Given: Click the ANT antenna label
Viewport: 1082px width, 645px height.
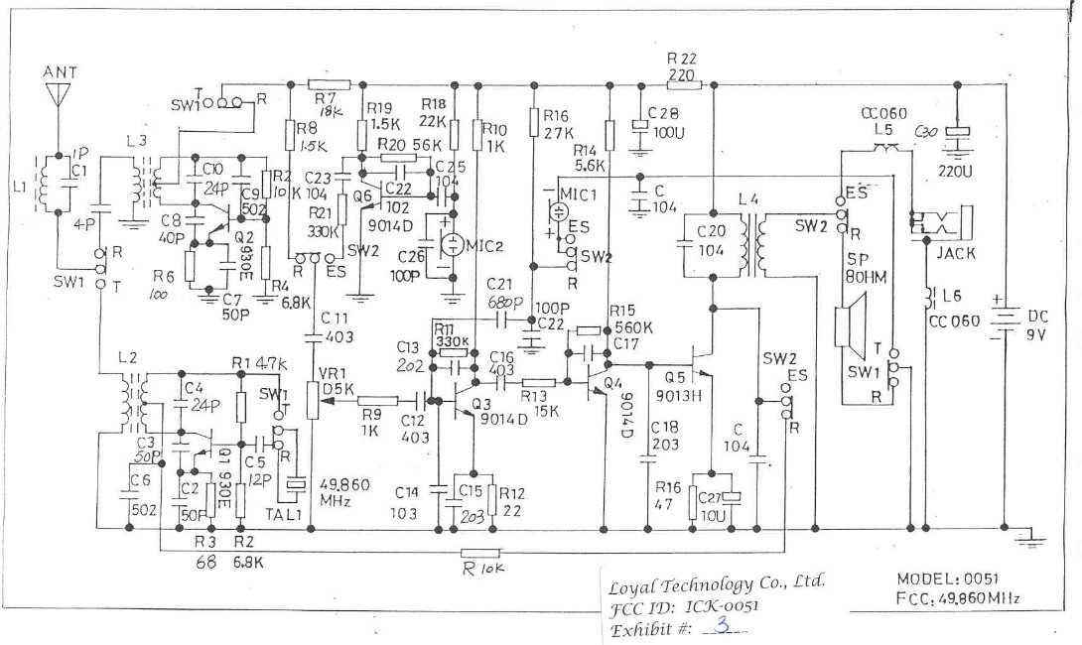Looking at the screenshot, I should coord(61,72).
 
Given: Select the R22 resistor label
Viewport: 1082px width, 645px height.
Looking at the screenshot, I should coord(682,60).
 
